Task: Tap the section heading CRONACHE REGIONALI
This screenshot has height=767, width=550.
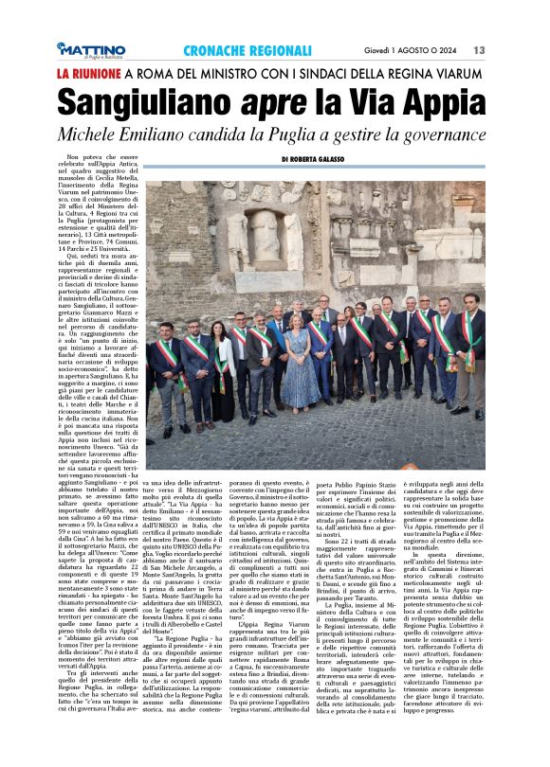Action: (x=247, y=49)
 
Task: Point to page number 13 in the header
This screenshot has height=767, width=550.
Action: (x=480, y=49)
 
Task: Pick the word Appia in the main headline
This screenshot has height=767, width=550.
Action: (x=444, y=100)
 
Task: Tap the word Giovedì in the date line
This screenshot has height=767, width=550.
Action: (x=380, y=49)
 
